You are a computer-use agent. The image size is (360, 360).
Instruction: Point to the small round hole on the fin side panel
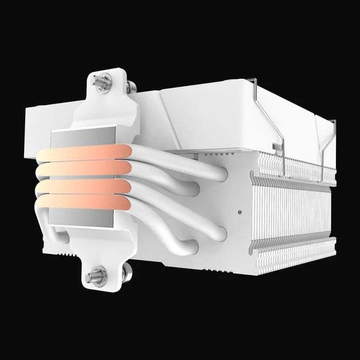[x=240, y=211]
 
